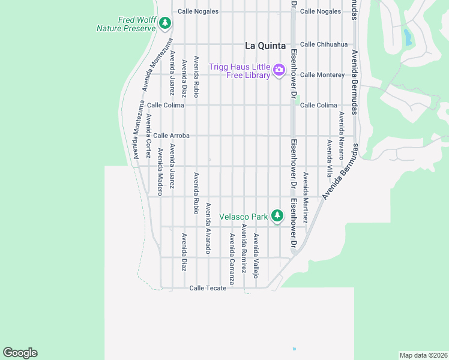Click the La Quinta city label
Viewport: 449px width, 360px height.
267,45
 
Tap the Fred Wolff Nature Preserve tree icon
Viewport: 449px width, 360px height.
166,24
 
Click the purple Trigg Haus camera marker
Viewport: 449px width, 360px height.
279,71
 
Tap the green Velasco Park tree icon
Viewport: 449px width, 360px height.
277,215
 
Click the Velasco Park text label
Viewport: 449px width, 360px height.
243,216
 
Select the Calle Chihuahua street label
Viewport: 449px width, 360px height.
324,44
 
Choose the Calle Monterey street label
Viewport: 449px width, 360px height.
322,74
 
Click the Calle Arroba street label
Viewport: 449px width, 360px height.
172,136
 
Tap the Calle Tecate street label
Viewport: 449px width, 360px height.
208,288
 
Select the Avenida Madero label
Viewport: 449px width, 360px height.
160,172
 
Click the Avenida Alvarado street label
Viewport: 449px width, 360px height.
208,228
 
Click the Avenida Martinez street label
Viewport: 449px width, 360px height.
305,198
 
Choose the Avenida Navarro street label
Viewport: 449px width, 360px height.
341,135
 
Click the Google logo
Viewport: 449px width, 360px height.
20,353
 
